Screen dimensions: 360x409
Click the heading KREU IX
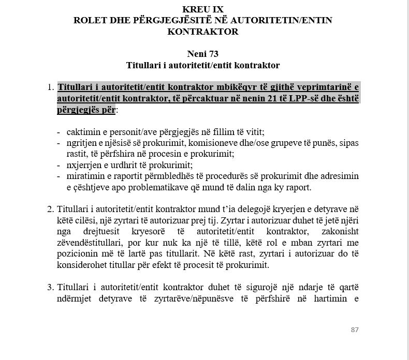tap(203, 9)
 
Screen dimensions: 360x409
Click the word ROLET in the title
tap(90, 20)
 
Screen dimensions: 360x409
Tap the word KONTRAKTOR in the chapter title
tap(203, 32)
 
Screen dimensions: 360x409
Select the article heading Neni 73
tap(203, 54)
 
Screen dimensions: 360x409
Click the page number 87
tap(354, 329)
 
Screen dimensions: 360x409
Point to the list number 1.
tap(50, 87)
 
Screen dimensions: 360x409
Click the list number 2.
tap(50, 209)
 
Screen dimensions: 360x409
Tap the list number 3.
tap(50, 287)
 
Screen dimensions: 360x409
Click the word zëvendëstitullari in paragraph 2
tap(87, 243)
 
